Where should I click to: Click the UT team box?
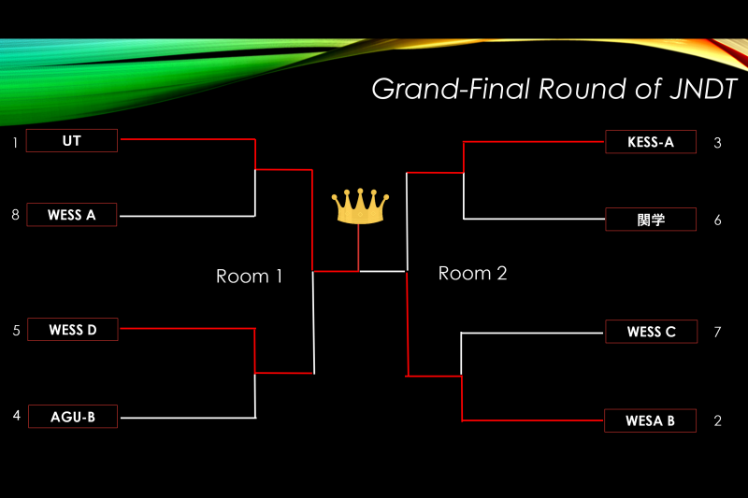[x=72, y=140]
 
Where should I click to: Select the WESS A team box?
[x=72, y=215]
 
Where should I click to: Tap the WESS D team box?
[x=73, y=329]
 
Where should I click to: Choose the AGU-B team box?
[x=73, y=417]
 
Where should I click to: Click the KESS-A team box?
[x=651, y=141]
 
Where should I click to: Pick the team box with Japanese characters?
[x=651, y=220]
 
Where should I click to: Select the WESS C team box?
[x=651, y=332]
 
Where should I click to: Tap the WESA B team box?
[x=650, y=420]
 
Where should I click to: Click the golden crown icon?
[x=360, y=206]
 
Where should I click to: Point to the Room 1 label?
[x=249, y=277]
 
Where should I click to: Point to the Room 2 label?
[x=472, y=274]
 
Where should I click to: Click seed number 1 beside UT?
[x=15, y=143]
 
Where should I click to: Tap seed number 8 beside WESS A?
[x=15, y=215]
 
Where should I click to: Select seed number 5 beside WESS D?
[x=16, y=331]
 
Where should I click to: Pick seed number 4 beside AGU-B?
[x=17, y=416]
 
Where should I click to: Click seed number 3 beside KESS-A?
[x=717, y=143]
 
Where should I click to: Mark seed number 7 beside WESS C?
[x=717, y=333]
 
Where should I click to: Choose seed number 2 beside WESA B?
[x=717, y=420]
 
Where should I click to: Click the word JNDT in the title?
[x=703, y=89]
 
